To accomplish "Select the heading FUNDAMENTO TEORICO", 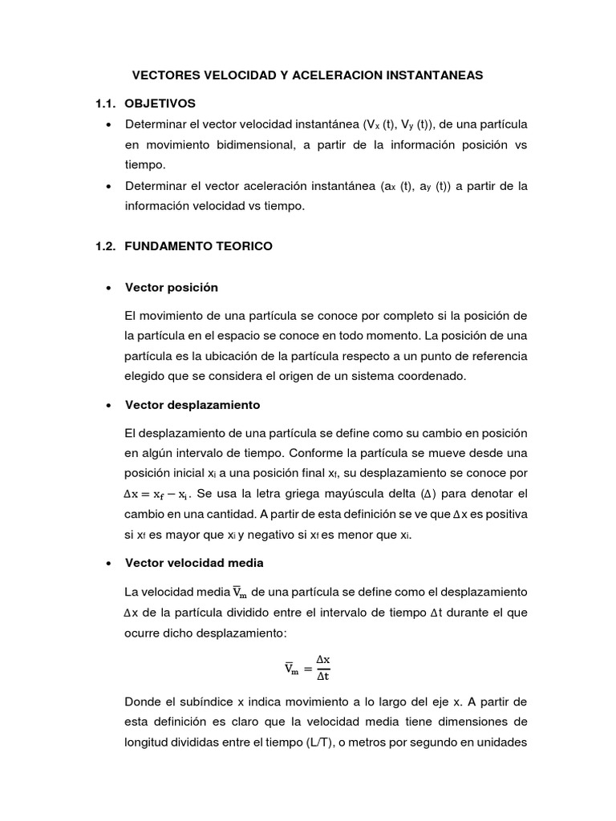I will pyautogui.click(x=199, y=246).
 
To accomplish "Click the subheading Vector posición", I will pyautogui.click(x=172, y=287).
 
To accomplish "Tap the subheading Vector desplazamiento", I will pyautogui.click(x=192, y=405).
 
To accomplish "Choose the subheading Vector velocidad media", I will pyautogui.click(x=194, y=563).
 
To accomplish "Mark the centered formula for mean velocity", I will pyautogui.click(x=308, y=667).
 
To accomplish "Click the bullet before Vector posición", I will pyautogui.click(x=107, y=288).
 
